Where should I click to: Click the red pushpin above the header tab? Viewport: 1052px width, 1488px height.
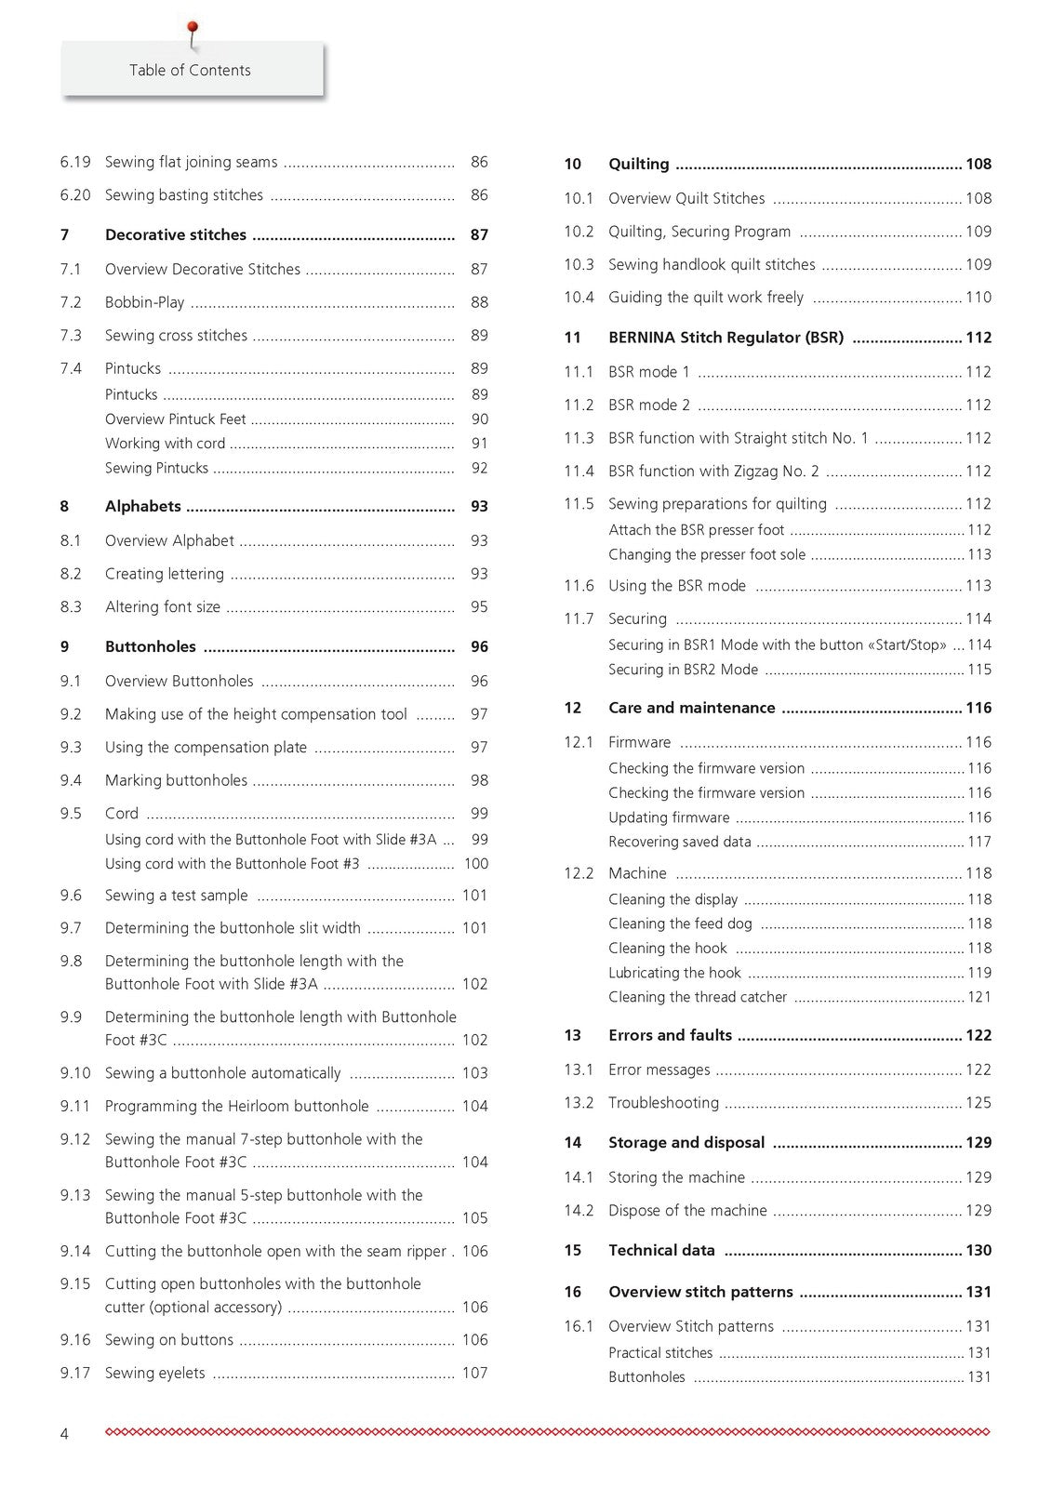(193, 30)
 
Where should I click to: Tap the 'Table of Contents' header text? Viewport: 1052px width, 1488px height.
(190, 71)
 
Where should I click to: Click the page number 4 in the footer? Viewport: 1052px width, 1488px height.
(64, 1434)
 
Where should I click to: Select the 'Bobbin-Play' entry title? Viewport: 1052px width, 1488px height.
(144, 303)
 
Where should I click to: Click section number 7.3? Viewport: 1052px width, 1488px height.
(71, 336)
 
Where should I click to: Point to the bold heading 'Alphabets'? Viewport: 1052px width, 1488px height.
(142, 507)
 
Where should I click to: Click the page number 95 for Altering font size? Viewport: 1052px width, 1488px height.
(479, 607)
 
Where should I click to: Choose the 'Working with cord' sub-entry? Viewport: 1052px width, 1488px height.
(165, 444)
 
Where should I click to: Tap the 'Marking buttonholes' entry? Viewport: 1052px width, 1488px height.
(176, 781)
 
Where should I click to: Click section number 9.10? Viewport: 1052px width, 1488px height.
(75, 1073)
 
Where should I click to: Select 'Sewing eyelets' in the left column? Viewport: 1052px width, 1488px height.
(154, 1374)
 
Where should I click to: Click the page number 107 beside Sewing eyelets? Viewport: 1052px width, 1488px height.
(474, 1374)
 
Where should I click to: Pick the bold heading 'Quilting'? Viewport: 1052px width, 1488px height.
(638, 165)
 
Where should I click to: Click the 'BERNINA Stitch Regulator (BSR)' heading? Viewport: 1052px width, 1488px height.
(726, 338)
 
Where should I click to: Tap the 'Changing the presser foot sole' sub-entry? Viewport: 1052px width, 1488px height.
(707, 555)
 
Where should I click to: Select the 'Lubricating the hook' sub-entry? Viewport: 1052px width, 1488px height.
(674, 974)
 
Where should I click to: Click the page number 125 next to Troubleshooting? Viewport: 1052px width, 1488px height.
(978, 1103)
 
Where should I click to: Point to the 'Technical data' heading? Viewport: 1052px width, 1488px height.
(661, 1251)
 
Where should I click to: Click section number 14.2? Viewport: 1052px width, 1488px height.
(578, 1211)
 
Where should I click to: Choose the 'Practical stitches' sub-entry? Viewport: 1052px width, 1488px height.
(660, 1353)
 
